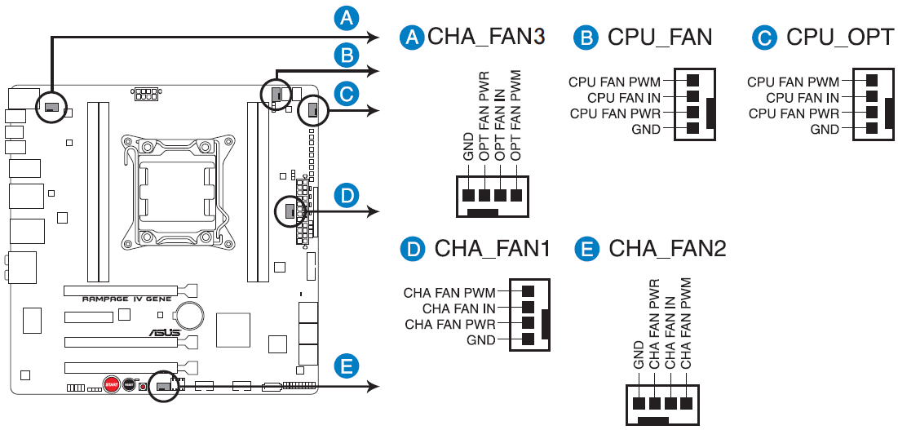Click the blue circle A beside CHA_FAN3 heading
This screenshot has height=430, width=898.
coord(411,38)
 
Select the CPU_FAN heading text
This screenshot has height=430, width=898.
coord(659,38)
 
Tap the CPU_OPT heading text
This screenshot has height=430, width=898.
coord(839,38)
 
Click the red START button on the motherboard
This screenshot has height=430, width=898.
coord(112,384)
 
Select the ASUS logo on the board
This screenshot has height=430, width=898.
coord(165,332)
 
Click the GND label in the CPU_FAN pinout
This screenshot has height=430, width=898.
coord(646,129)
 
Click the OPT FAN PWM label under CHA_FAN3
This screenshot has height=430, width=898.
coord(516,116)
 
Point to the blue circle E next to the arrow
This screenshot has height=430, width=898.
coord(345,366)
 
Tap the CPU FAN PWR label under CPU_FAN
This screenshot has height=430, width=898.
coord(615,113)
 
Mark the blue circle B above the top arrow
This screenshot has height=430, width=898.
coord(345,55)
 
